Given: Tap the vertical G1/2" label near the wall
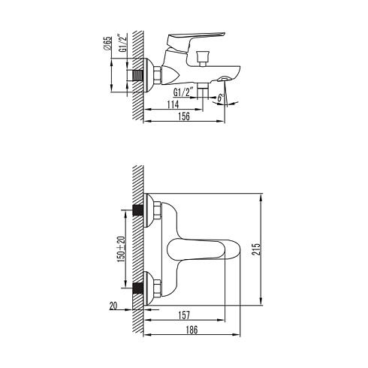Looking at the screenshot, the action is coord(124,43).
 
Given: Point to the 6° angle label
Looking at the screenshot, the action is coord(220,97).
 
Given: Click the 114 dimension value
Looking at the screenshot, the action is coord(173,104).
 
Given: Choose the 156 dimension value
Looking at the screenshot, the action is coord(184,116).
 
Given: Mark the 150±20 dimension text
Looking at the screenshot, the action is coord(121,249).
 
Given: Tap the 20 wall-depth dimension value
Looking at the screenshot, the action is coord(113,306).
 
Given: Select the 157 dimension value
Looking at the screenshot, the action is coord(184,315).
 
